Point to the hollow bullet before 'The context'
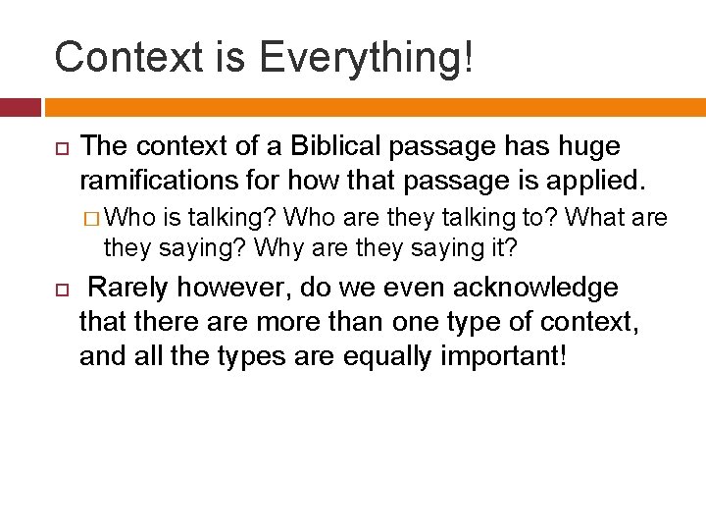point(59,148)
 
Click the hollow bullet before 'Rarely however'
point(59,290)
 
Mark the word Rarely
point(127,288)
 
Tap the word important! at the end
point(505,355)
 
